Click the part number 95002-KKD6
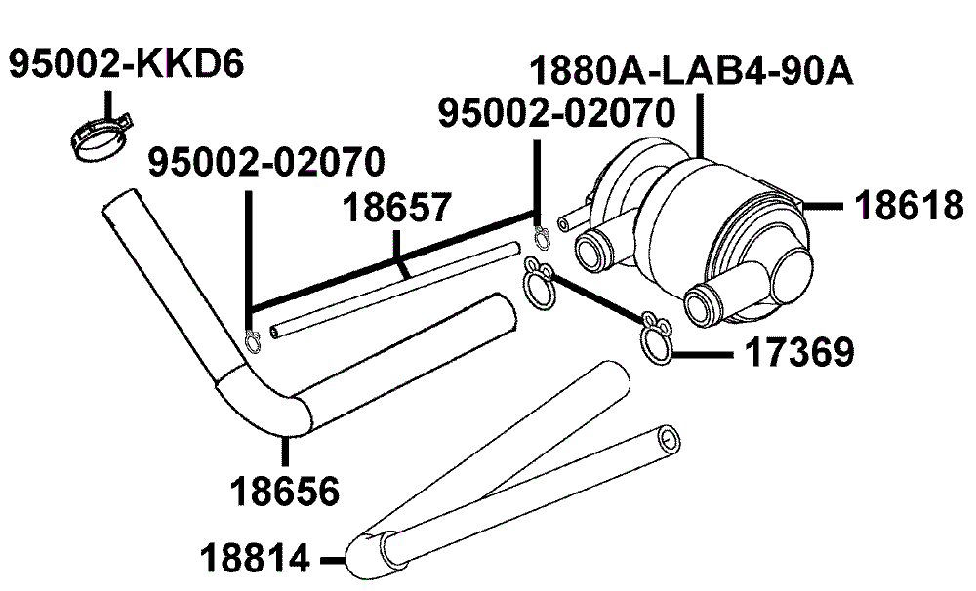click(127, 64)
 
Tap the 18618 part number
click(908, 206)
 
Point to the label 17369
click(799, 353)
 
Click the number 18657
click(397, 208)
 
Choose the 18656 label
click(285, 492)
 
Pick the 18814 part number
click(255, 558)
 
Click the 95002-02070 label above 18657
click(266, 162)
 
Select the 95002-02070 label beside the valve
click(557, 113)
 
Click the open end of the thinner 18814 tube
click(670, 438)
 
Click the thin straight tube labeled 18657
click(394, 291)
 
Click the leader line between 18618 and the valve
click(823, 205)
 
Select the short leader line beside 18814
click(333, 561)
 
